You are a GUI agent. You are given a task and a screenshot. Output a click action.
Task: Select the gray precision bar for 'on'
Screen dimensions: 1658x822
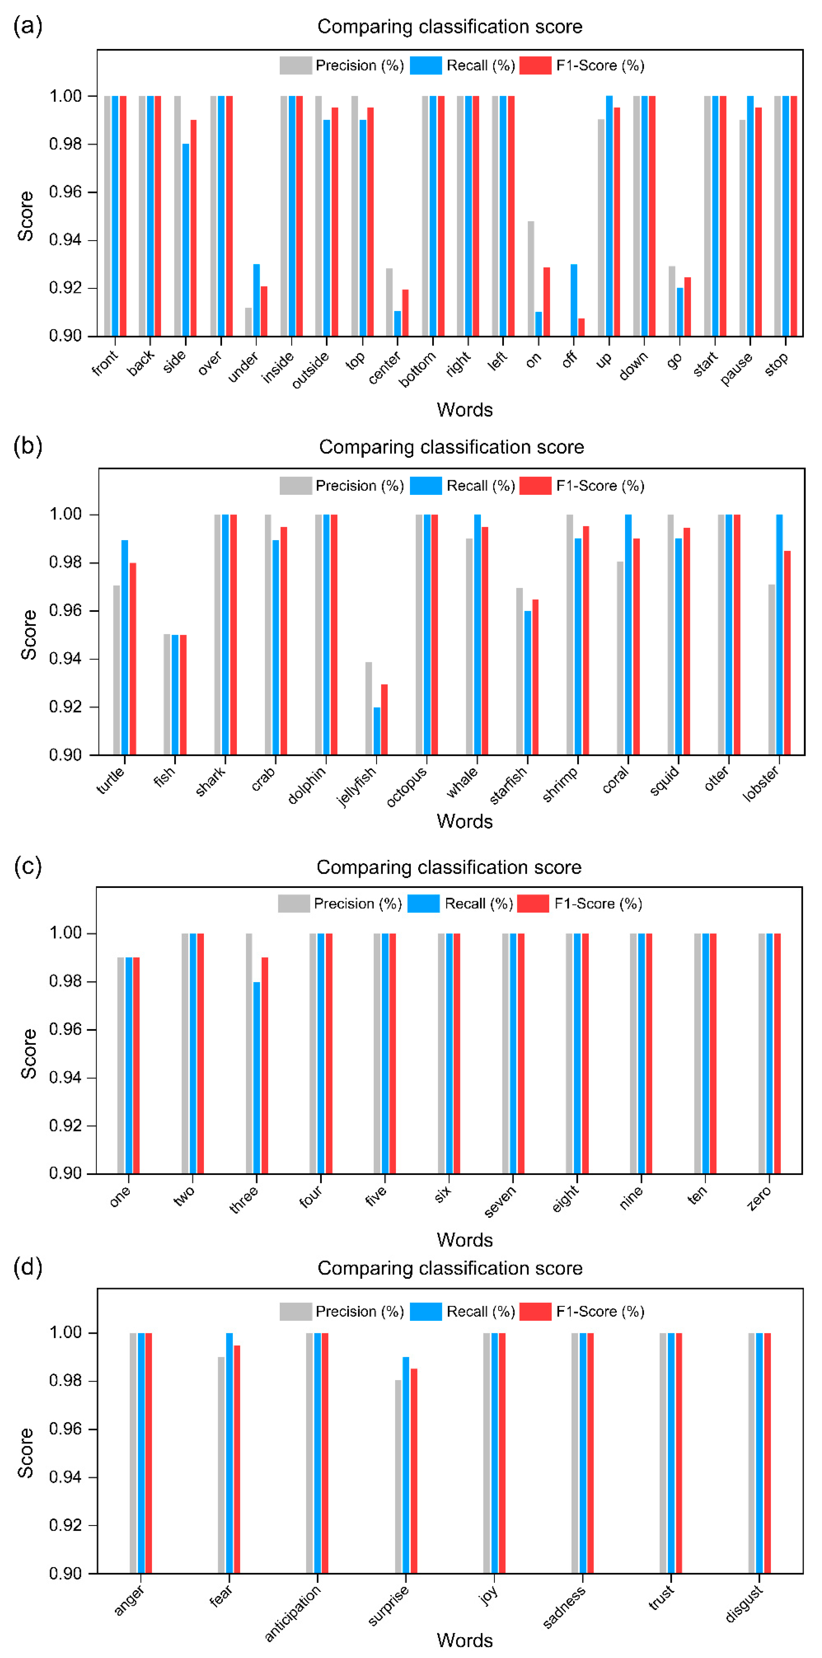(531, 279)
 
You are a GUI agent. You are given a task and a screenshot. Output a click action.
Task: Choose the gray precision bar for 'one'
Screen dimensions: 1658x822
(120, 1065)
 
